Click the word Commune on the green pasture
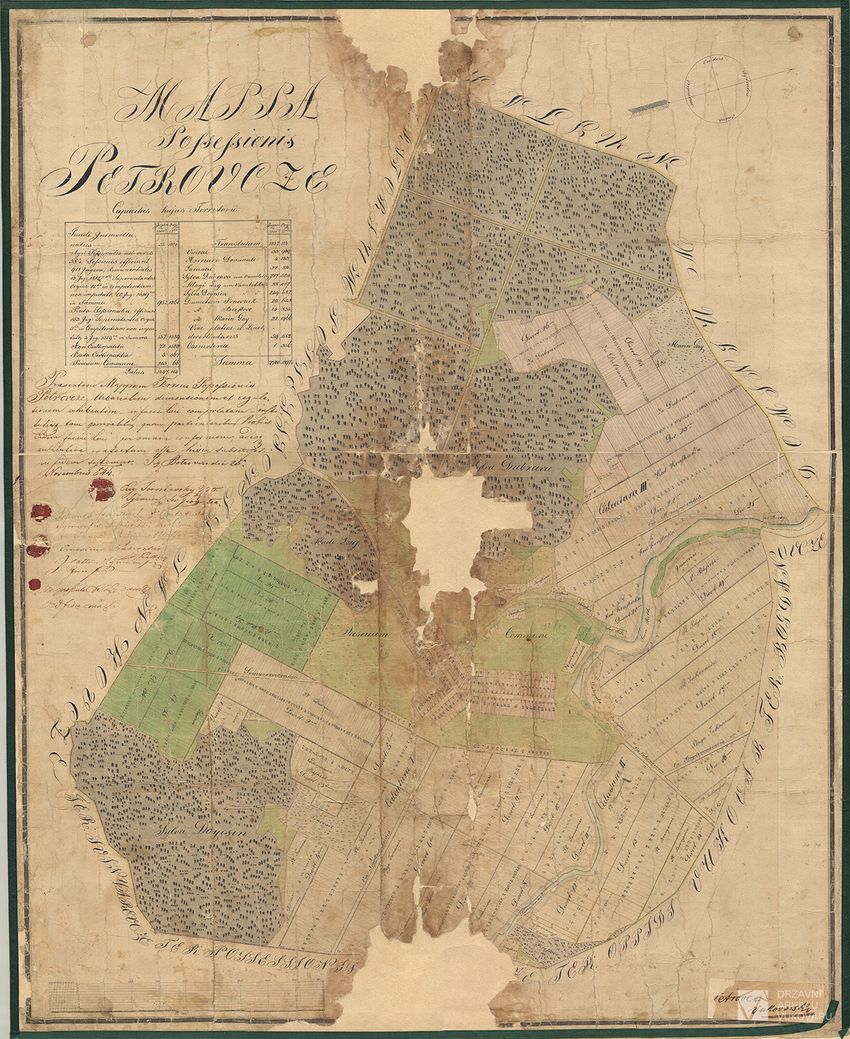pyautogui.click(x=526, y=634)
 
